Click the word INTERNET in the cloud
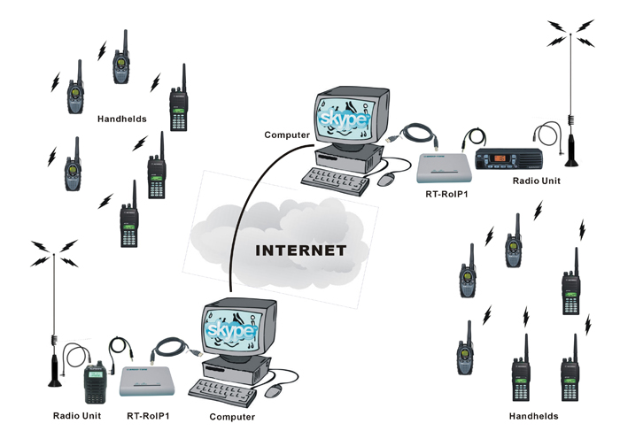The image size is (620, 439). (301, 250)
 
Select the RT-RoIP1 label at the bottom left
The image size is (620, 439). (149, 414)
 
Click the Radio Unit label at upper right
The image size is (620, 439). (538, 180)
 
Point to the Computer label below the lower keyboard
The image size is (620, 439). (232, 416)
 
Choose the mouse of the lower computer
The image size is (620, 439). (276, 389)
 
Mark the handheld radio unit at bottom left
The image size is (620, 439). (93, 382)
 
